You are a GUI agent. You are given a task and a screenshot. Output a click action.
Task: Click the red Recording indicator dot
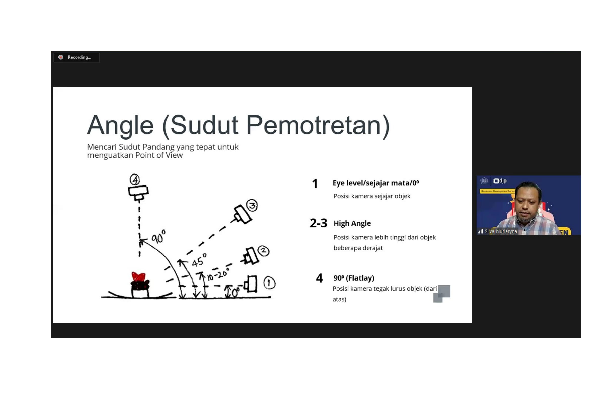[61, 57]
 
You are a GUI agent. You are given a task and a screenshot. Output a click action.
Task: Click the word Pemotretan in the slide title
[318, 126]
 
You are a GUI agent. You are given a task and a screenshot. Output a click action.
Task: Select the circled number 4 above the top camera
[135, 179]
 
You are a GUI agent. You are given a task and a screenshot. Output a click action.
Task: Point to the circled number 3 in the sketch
[252, 205]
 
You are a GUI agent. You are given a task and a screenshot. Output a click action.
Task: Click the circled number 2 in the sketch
[263, 251]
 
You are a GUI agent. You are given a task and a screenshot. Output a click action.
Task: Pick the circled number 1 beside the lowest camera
[269, 283]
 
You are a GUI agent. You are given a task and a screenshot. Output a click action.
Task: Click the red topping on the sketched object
[138, 277]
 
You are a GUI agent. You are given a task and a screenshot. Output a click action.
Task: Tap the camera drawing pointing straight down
[138, 193]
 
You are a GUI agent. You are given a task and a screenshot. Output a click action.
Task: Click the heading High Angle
[352, 223]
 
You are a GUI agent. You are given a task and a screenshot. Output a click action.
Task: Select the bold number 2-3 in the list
[318, 223]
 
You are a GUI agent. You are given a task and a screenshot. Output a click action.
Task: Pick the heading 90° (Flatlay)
[354, 278]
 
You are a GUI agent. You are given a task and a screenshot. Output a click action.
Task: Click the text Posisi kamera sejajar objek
[372, 196]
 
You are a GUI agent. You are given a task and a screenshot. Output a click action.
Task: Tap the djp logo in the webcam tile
[500, 181]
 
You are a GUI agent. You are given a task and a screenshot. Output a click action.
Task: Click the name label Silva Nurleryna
[501, 231]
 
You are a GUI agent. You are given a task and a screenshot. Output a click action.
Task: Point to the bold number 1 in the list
[315, 184]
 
